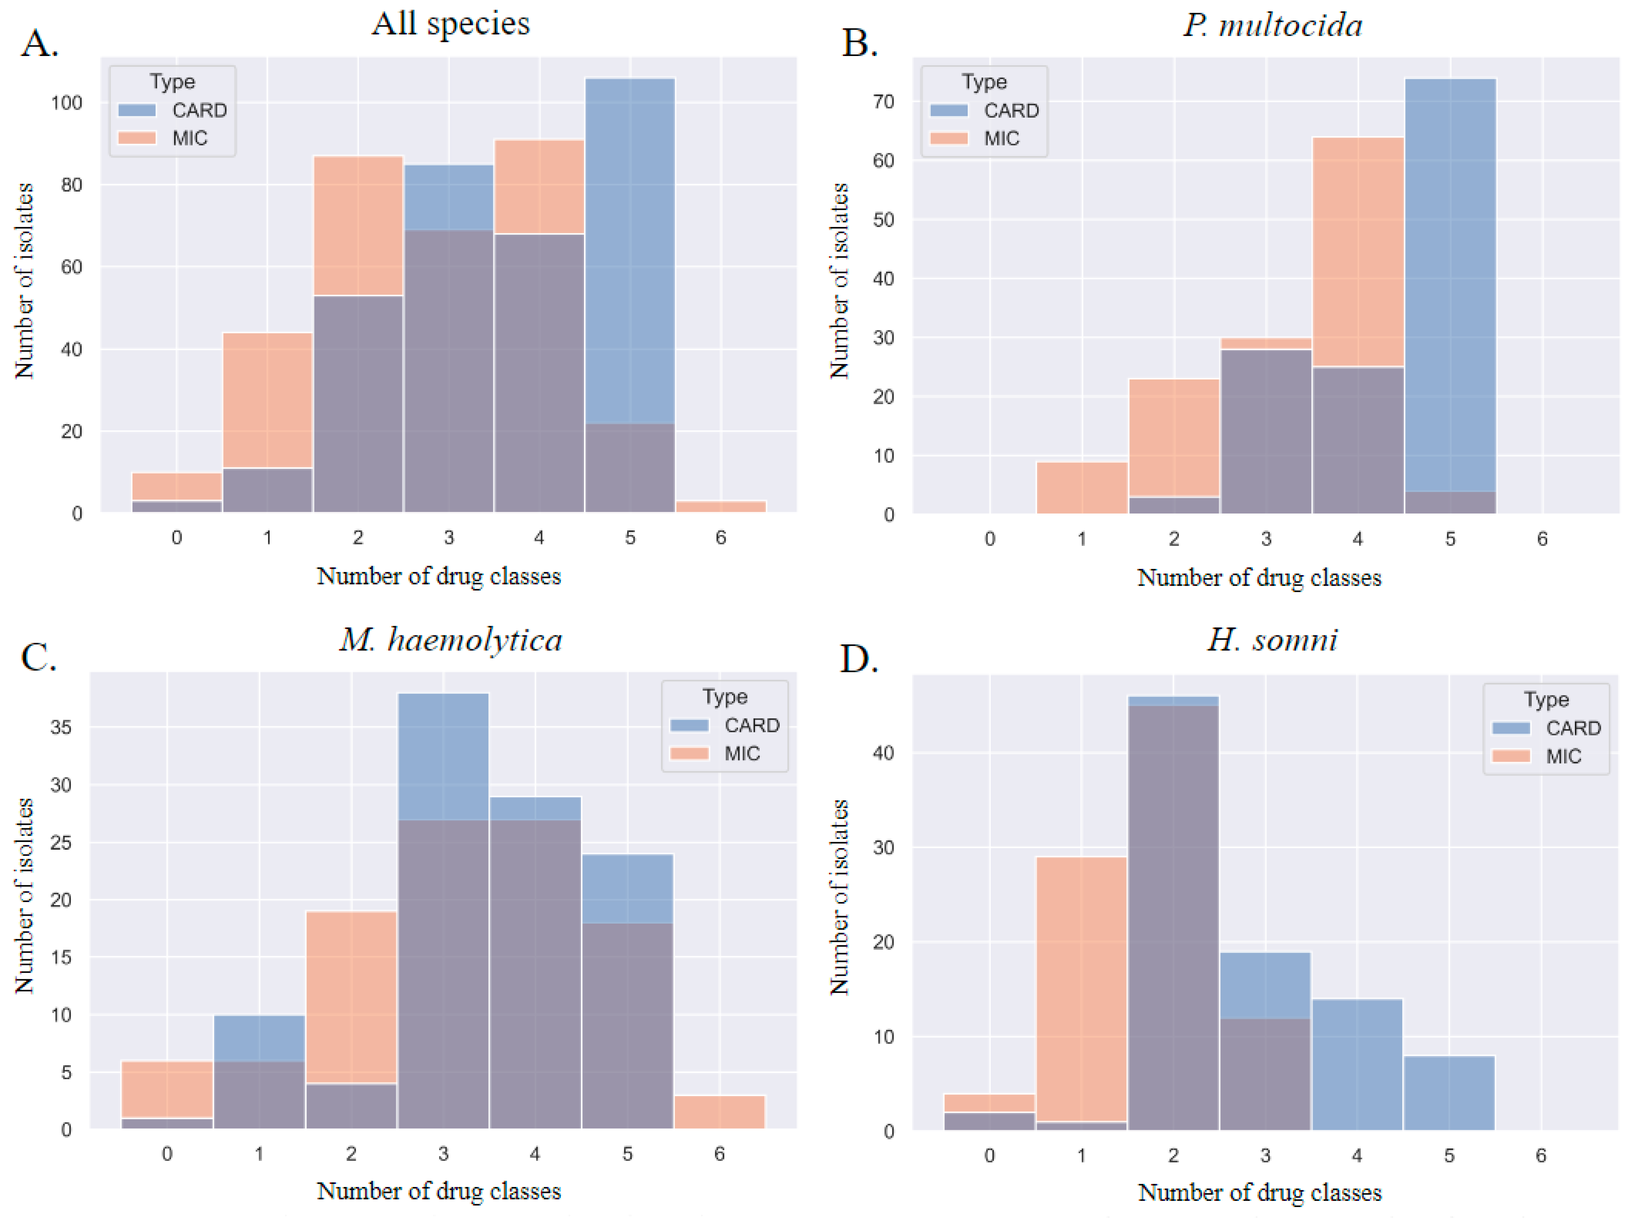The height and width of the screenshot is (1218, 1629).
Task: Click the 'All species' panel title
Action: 450,23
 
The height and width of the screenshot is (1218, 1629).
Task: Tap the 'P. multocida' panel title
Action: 1272,25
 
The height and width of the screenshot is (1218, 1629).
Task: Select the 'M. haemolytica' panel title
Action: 451,639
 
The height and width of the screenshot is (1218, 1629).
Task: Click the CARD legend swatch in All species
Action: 137,110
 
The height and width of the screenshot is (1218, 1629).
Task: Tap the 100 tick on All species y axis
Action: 66,103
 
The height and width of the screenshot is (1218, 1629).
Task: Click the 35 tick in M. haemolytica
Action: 61,728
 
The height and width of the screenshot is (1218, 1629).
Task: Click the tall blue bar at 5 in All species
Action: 630,250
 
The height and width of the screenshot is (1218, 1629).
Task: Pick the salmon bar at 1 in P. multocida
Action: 1081,487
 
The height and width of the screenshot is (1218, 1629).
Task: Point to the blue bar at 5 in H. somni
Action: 1448,1093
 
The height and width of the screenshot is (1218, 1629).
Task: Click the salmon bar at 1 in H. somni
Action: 1081,987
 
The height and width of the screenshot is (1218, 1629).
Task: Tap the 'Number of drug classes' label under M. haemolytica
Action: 439,1191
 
